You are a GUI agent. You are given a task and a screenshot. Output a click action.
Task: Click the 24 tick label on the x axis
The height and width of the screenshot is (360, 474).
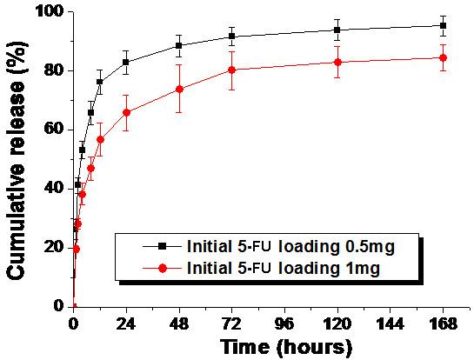tap(126, 322)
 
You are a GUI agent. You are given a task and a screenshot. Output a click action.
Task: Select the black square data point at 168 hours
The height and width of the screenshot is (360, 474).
tap(443, 25)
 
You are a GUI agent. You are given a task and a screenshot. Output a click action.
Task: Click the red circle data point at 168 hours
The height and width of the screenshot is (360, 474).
tap(443, 57)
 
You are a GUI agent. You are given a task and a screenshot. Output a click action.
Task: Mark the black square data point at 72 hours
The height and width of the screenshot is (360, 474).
tap(231, 36)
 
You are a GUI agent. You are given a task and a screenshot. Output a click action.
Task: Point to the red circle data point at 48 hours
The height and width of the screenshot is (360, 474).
tap(179, 89)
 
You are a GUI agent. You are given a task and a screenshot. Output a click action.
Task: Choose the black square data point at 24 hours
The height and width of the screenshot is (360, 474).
tap(126, 62)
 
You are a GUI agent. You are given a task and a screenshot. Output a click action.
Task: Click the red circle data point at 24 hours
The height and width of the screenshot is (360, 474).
tap(126, 112)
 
